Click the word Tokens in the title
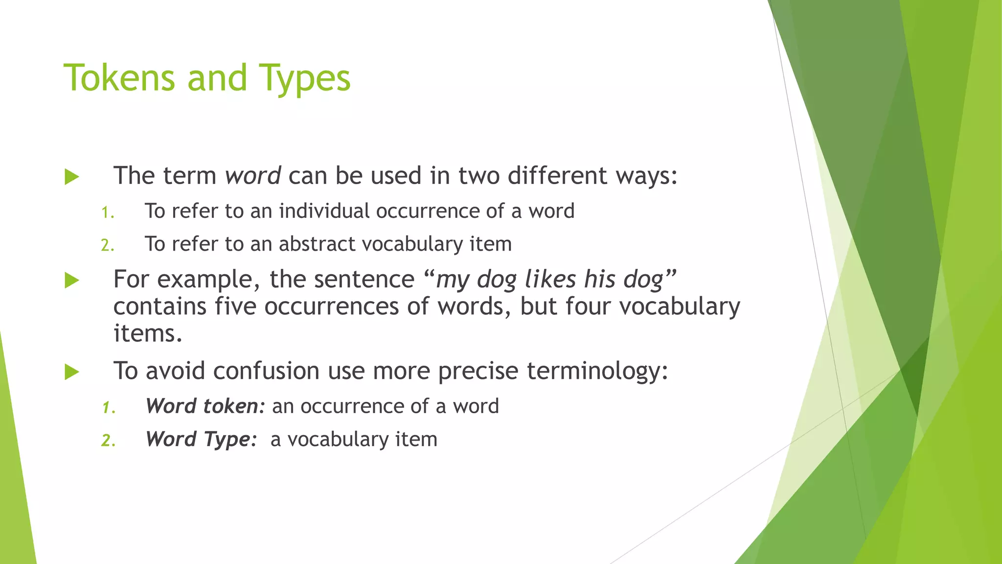click(119, 78)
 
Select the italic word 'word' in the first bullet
click(252, 175)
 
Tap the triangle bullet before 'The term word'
click(72, 177)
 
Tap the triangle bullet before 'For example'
click(72, 281)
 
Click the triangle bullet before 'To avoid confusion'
click(72, 372)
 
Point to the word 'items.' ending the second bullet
click(148, 334)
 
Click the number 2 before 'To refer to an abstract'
click(107, 245)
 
